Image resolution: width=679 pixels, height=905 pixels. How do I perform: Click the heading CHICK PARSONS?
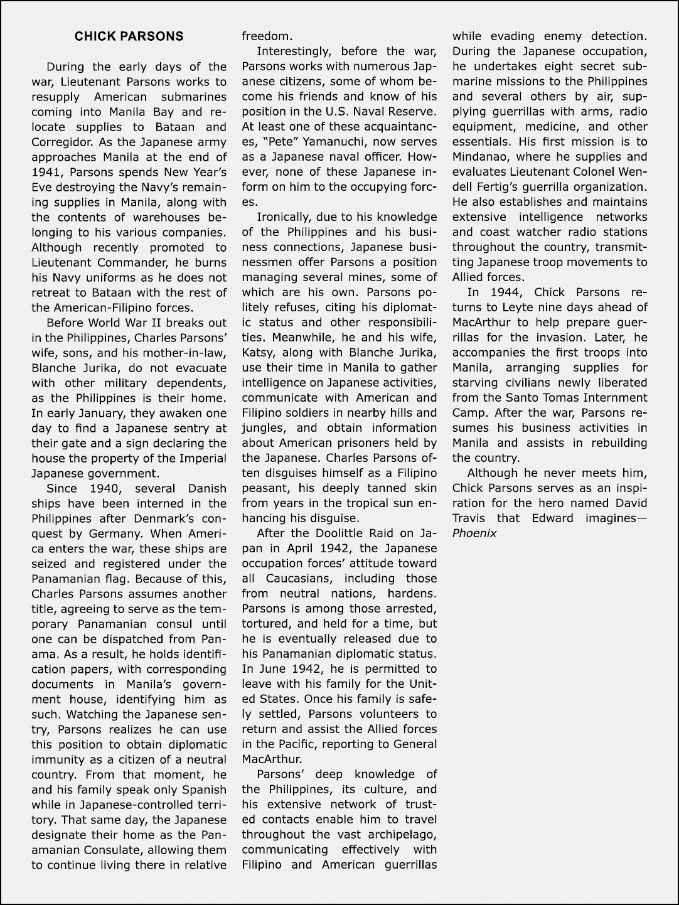pyautogui.click(x=129, y=36)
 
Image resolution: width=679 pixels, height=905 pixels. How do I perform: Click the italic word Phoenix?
pyautogui.click(x=474, y=534)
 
